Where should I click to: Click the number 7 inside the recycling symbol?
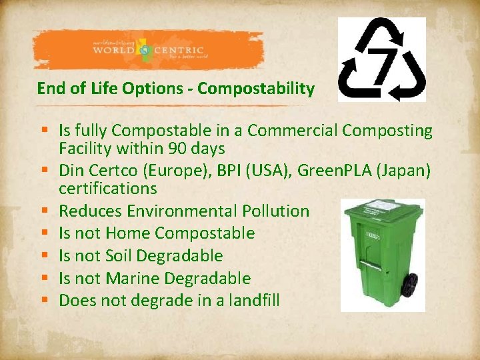[383, 59]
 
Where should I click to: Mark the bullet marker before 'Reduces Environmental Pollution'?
[43, 212]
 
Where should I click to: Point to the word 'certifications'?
[107, 189]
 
